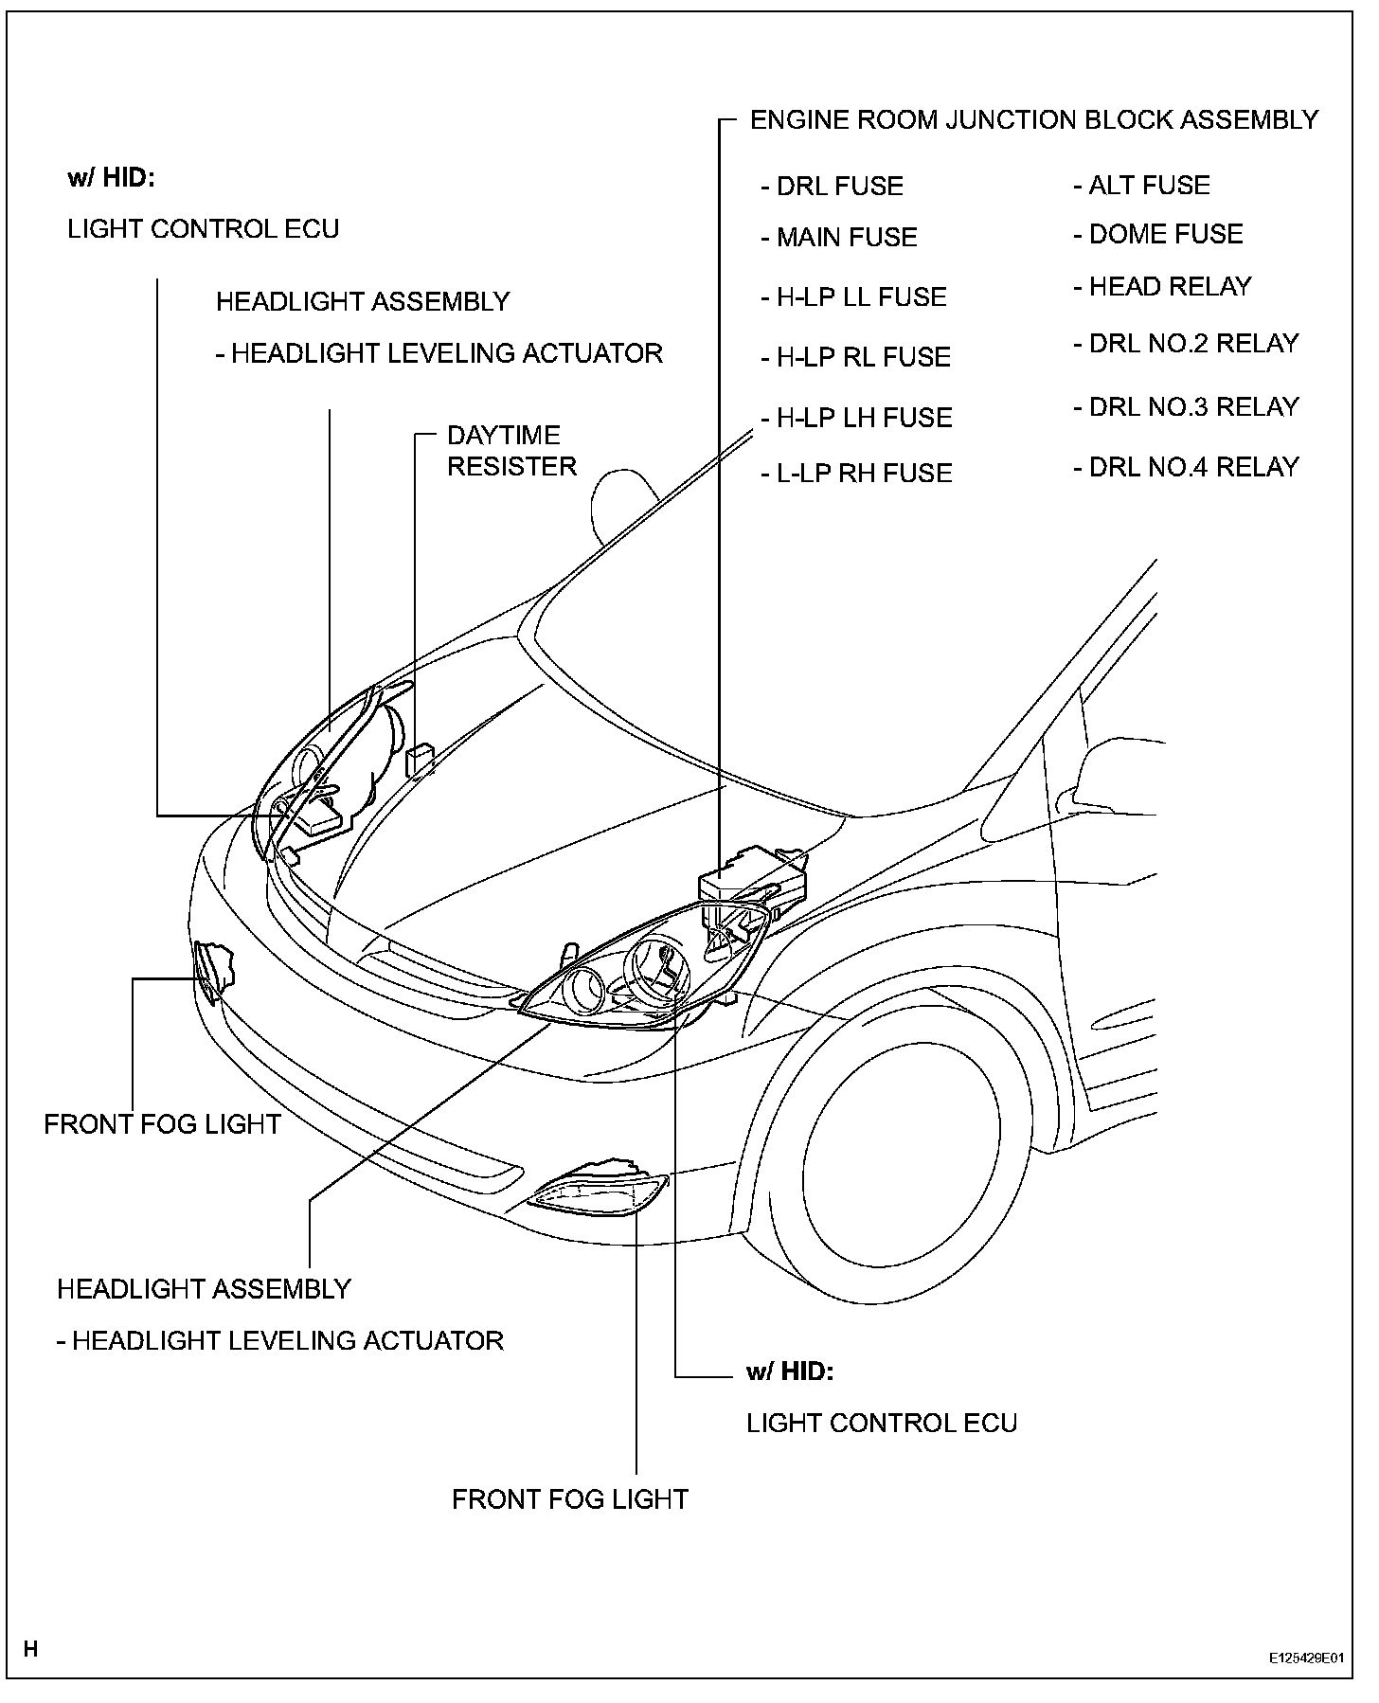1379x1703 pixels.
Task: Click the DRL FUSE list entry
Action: pyautogui.click(x=832, y=187)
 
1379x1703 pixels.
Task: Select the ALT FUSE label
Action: pyautogui.click(x=1141, y=186)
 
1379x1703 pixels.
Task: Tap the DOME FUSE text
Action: pyautogui.click(x=1157, y=235)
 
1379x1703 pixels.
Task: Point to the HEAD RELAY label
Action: pyautogui.click(x=1162, y=287)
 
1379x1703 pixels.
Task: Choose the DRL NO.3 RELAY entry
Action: pyautogui.click(x=1186, y=407)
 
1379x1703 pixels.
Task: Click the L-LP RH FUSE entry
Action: pyautogui.click(x=856, y=474)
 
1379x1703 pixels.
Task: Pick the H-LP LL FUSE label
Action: pyautogui.click(x=853, y=297)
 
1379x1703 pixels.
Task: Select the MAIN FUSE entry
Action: pyautogui.click(x=839, y=238)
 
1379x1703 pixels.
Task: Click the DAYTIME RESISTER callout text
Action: pyautogui.click(x=510, y=451)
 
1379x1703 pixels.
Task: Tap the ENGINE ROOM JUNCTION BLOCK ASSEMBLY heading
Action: pyautogui.click(x=1033, y=120)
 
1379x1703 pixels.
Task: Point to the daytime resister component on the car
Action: pyautogui.click(x=419, y=760)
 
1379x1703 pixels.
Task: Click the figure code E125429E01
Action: pyautogui.click(x=1306, y=1658)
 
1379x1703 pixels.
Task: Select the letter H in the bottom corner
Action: pyautogui.click(x=31, y=1650)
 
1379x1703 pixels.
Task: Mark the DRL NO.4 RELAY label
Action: pyautogui.click(x=1186, y=467)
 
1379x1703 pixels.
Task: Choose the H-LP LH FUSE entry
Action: pyautogui.click(x=856, y=418)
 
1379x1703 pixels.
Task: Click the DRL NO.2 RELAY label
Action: pyautogui.click(x=1186, y=344)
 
